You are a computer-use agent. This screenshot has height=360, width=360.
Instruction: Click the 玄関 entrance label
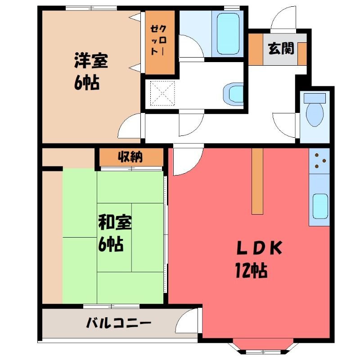[281, 49]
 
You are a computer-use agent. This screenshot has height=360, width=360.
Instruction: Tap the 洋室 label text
[91, 61]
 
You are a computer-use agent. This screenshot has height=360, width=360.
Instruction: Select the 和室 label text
[115, 222]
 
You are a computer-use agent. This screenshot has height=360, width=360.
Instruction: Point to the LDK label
[259, 248]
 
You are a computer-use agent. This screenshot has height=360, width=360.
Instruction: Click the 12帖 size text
[252, 270]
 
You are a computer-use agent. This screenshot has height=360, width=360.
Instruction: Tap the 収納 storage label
[130, 157]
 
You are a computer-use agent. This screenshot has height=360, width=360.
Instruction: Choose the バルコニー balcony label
[119, 323]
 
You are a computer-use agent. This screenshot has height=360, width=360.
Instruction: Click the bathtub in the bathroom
[228, 33]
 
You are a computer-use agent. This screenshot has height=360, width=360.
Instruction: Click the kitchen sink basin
[320, 206]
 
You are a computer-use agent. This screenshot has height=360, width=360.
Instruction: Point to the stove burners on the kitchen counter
[319, 161]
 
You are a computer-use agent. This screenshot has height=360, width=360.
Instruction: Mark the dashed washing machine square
[162, 93]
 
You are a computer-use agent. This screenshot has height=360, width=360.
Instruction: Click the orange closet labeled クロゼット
[160, 42]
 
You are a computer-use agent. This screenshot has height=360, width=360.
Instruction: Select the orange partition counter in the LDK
[257, 181]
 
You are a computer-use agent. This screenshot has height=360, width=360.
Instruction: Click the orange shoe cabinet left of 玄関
[256, 49]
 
